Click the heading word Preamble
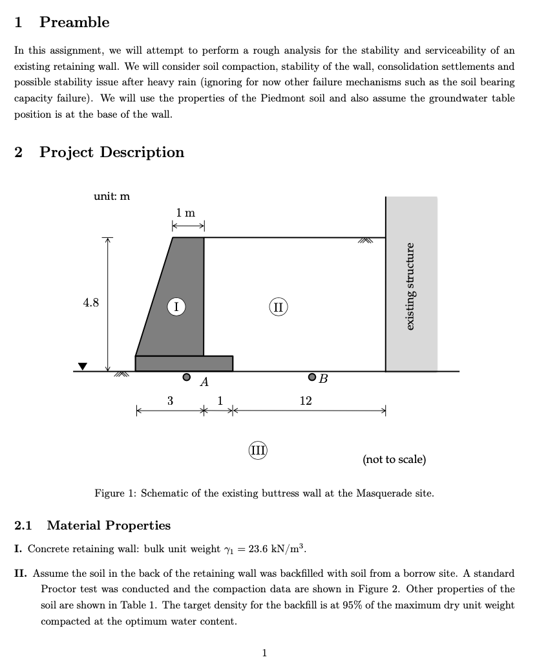click(x=74, y=22)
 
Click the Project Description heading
click(x=112, y=153)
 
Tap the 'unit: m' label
click(x=112, y=196)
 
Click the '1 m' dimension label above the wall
click(x=186, y=213)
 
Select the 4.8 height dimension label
click(x=91, y=302)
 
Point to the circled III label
click(x=258, y=450)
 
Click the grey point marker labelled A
click(x=187, y=376)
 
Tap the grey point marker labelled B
click(x=312, y=377)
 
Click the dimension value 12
click(x=306, y=401)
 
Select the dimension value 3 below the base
click(x=170, y=401)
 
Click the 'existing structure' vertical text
click(x=410, y=285)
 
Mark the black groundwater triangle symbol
click(x=82, y=367)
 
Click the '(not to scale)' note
click(x=394, y=460)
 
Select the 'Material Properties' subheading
click(x=109, y=526)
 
